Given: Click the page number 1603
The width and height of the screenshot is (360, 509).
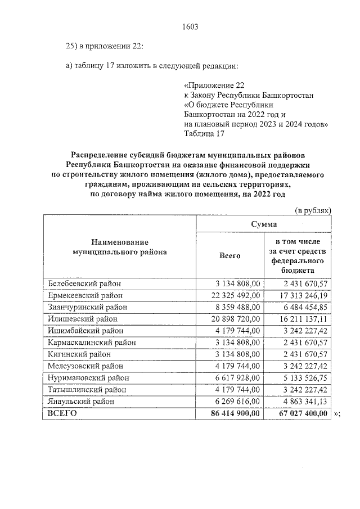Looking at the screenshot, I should (x=191, y=26).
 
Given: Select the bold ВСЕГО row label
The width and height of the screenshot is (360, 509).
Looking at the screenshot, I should (x=62, y=413).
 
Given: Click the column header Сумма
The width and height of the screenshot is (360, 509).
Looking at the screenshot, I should (x=263, y=224).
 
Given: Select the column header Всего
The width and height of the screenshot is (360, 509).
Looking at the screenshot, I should (x=229, y=256).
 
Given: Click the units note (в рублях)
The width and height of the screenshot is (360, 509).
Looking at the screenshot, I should (x=314, y=210).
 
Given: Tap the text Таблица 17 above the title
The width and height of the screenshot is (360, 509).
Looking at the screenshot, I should (x=204, y=133).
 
